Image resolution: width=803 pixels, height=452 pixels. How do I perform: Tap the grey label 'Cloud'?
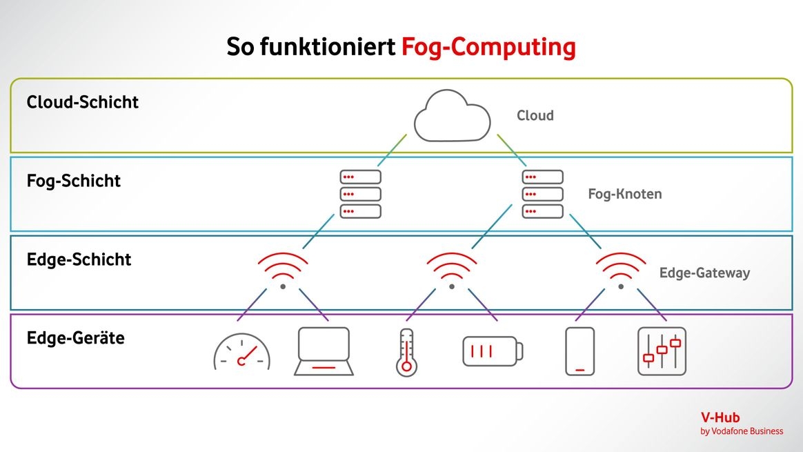click(x=535, y=115)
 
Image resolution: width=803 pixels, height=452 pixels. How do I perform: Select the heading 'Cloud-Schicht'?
click(x=83, y=102)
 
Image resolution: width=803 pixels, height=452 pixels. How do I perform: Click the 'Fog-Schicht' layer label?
click(x=74, y=181)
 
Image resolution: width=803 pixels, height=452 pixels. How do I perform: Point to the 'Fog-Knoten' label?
click(x=624, y=194)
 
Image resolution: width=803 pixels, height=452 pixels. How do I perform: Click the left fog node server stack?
click(x=360, y=194)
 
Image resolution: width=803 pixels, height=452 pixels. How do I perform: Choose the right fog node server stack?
click(x=542, y=194)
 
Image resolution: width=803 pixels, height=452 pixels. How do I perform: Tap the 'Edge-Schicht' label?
click(x=79, y=259)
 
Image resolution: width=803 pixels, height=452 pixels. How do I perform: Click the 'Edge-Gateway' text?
click(x=704, y=273)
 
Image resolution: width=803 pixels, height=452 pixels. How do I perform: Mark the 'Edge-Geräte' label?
click(x=76, y=338)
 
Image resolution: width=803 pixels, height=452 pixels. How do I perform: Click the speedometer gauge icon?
click(x=242, y=353)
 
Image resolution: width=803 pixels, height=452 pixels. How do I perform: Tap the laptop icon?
click(x=324, y=351)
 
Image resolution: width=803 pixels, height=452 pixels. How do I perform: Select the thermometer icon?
click(x=406, y=352)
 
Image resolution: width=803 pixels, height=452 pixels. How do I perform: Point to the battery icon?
click(x=492, y=351)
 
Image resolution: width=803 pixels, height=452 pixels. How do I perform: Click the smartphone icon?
click(x=579, y=351)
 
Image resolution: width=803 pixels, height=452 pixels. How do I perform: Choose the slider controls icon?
click(x=662, y=351)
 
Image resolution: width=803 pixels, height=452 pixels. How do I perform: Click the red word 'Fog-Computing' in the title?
click(x=488, y=47)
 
